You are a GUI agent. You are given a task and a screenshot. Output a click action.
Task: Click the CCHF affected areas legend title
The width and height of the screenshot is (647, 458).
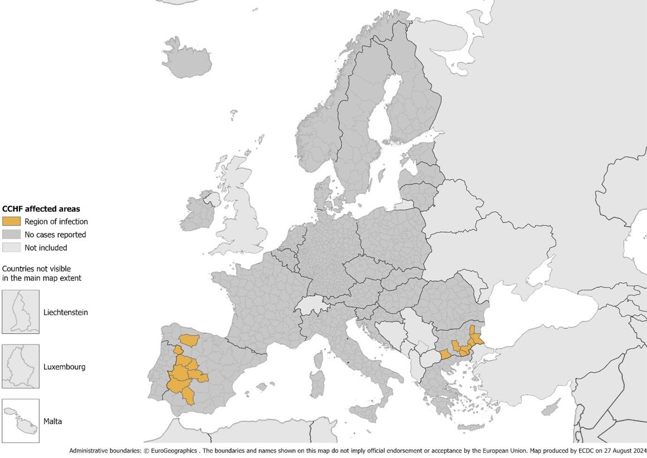pyautogui.click(x=41, y=209)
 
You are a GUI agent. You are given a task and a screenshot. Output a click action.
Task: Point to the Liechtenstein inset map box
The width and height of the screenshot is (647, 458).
pyautogui.click(x=21, y=312)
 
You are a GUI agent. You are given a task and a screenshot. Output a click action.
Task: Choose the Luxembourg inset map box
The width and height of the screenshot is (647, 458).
pyautogui.click(x=21, y=366)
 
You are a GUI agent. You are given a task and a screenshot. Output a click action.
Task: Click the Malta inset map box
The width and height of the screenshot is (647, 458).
pyautogui.click(x=21, y=421)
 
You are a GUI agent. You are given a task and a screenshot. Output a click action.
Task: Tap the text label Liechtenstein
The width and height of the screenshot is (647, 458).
pyautogui.click(x=66, y=312)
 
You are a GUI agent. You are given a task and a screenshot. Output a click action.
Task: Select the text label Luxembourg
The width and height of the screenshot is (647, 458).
pyautogui.click(x=65, y=367)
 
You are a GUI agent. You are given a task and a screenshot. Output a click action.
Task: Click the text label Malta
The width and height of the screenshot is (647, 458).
pyautogui.click(x=53, y=421)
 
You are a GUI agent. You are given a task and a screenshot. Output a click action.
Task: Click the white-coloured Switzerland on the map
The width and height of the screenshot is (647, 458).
pyautogui.click(x=311, y=305)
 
